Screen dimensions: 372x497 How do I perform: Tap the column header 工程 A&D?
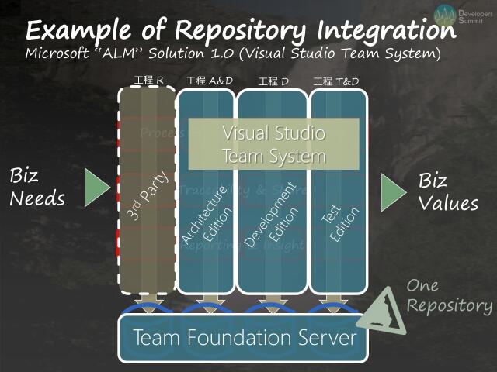pyautogui.click(x=207, y=81)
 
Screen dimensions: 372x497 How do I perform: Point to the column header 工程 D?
pyautogui.click(x=273, y=81)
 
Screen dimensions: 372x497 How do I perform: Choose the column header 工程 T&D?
pyautogui.click(x=336, y=81)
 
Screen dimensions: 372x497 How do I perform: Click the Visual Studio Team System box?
pyautogui.click(x=274, y=144)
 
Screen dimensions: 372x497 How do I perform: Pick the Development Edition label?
pyautogui.click(x=271, y=217)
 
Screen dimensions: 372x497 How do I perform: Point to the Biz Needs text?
pyautogui.click(x=36, y=188)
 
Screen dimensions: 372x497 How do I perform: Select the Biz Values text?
pyautogui.click(x=448, y=191)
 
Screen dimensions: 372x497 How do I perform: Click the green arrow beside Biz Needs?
pyautogui.click(x=96, y=188)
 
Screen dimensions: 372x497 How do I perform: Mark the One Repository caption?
pyautogui.click(x=449, y=296)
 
